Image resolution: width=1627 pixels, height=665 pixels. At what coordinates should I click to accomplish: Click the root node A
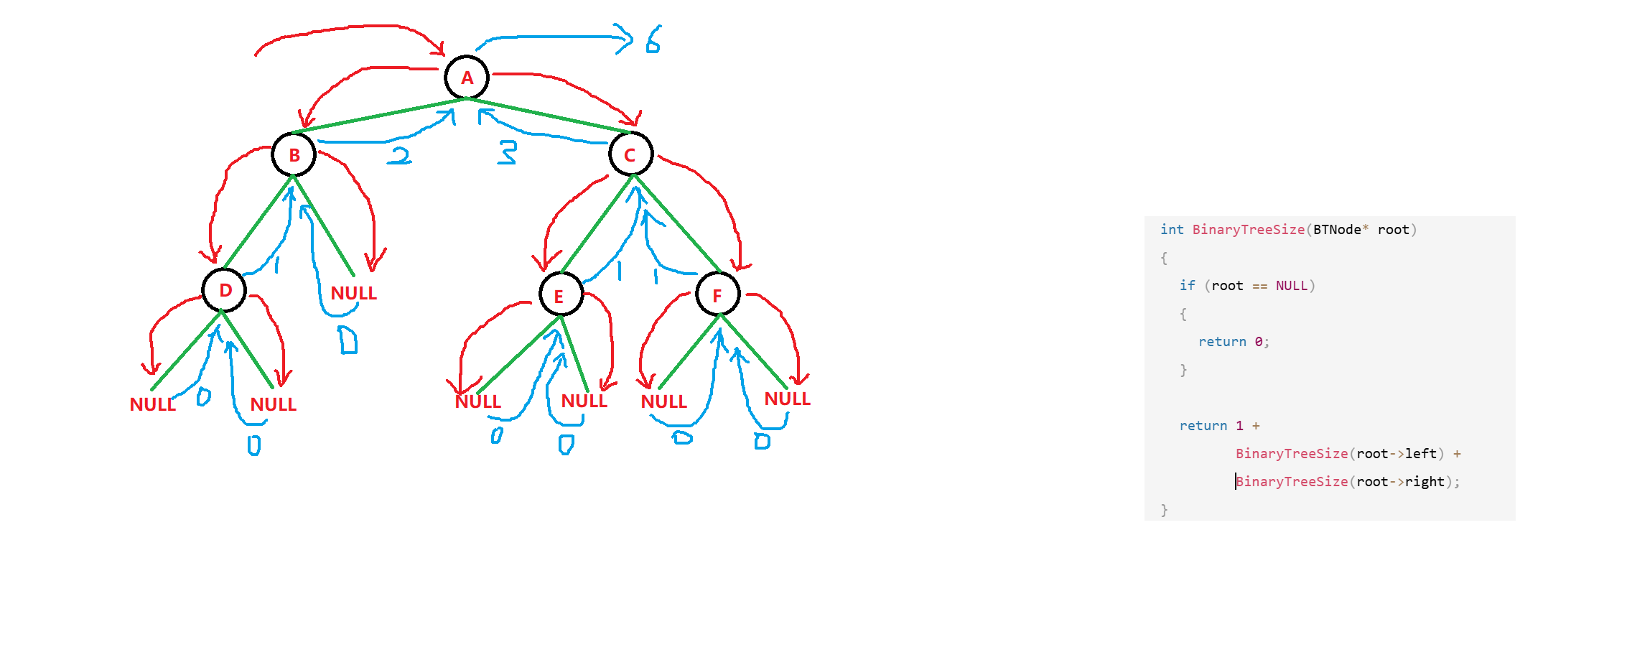point(467,78)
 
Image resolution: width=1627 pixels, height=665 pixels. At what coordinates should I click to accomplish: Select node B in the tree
point(294,154)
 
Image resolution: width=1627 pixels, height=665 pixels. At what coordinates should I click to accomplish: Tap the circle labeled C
point(630,154)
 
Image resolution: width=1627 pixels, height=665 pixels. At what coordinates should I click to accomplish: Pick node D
point(224,290)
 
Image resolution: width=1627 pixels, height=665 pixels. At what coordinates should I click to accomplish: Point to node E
point(560,294)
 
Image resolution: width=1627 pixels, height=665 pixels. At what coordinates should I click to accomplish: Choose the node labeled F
point(717,294)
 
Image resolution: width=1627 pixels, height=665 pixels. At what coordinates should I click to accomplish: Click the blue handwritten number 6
point(653,40)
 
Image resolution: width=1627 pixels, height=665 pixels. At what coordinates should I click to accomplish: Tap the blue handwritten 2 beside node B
point(400,155)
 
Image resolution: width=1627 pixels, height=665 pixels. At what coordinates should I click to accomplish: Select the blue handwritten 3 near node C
point(508,152)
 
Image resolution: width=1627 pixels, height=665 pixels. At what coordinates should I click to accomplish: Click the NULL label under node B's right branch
point(353,293)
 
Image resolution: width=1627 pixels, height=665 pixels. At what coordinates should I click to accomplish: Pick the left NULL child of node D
point(152,404)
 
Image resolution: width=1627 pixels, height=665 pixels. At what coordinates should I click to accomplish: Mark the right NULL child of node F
point(787,399)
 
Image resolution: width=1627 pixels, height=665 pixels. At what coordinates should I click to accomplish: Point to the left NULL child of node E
point(477,401)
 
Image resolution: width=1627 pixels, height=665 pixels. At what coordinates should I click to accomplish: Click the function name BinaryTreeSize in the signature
point(1248,230)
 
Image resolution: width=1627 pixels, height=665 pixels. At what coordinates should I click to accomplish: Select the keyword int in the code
point(1172,230)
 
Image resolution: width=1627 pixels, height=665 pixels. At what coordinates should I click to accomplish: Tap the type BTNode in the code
point(1337,230)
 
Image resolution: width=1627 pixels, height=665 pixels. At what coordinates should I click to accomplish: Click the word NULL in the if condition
point(1291,286)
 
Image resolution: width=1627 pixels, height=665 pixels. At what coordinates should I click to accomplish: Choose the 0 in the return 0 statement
point(1259,342)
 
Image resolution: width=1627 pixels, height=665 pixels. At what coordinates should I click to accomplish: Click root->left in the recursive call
point(1397,454)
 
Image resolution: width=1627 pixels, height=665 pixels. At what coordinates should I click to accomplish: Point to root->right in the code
point(1400,482)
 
